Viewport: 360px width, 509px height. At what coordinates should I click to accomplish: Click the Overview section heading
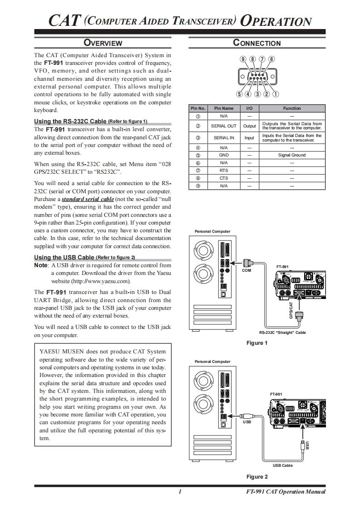(x=103, y=43)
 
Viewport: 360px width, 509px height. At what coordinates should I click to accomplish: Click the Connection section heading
(x=256, y=43)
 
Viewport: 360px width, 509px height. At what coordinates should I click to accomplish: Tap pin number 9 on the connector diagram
(x=244, y=59)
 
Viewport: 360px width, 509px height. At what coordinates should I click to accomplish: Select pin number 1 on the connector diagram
(x=276, y=94)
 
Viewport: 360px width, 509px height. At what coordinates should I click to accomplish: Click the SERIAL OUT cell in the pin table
(x=224, y=126)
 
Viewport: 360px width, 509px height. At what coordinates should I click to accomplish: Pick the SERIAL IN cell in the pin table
(x=224, y=137)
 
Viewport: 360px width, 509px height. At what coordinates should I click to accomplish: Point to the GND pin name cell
(x=224, y=155)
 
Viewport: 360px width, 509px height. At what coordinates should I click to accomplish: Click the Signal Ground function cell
(x=292, y=155)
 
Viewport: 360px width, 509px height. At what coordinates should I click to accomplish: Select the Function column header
(x=292, y=108)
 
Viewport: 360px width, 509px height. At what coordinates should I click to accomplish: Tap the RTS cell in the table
(x=224, y=171)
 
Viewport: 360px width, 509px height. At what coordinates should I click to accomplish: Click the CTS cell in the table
(x=224, y=178)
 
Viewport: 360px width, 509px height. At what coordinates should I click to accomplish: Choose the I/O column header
(x=249, y=108)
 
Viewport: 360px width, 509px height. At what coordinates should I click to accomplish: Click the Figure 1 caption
(x=257, y=343)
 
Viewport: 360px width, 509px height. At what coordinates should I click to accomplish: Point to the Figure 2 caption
(x=257, y=477)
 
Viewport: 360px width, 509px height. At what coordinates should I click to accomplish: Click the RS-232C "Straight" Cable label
(x=282, y=333)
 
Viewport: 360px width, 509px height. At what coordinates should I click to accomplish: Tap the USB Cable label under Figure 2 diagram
(x=282, y=465)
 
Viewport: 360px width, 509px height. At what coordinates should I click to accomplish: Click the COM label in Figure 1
(x=246, y=270)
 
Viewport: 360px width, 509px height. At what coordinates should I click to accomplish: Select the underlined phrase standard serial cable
(x=88, y=199)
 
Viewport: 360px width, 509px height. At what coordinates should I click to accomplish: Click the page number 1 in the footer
(x=180, y=492)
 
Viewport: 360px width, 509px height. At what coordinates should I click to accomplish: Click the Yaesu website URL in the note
(x=100, y=281)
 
